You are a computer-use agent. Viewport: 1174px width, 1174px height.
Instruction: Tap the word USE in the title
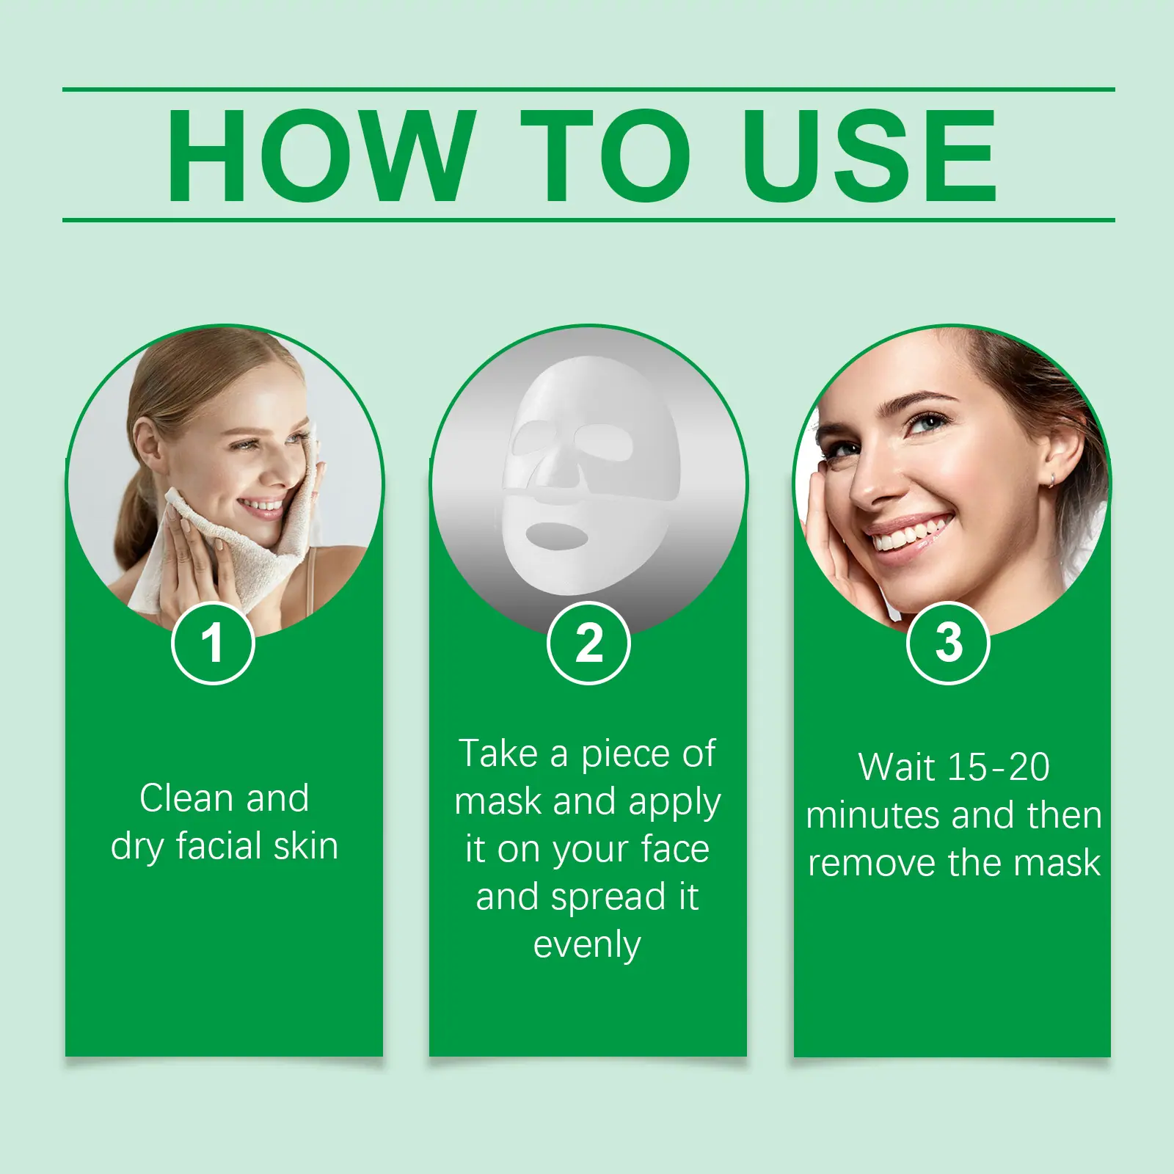[870, 155]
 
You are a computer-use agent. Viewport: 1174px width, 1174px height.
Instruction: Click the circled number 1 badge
[213, 643]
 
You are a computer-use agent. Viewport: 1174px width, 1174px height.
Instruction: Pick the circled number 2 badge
[588, 643]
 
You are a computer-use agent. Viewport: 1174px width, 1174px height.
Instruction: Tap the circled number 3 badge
[948, 643]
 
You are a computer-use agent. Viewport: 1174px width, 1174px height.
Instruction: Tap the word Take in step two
[498, 754]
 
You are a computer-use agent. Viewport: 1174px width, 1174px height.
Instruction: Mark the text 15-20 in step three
[999, 768]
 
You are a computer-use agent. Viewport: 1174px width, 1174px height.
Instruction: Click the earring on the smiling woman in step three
[1051, 481]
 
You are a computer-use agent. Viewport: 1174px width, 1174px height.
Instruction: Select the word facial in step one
[219, 845]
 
